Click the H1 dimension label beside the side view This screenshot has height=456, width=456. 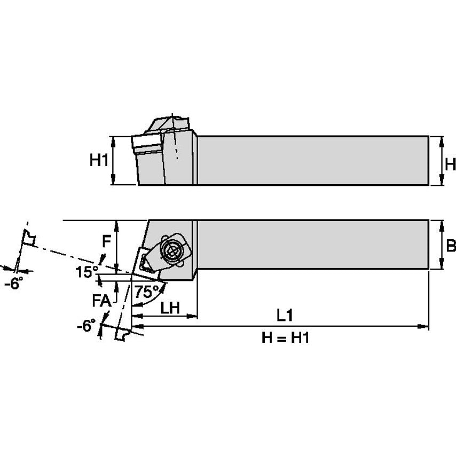point(99,160)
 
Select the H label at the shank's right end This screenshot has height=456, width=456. point(450,164)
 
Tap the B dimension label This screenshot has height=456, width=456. point(450,245)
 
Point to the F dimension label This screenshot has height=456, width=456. point(107,241)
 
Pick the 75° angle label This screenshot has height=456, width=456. point(146,292)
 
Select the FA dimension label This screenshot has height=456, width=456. point(101,301)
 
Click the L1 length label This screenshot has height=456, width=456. point(285,316)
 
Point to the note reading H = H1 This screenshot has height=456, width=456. point(286,337)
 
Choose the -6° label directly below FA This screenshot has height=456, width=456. point(85,325)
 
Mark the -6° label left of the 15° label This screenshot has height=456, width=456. point(14,284)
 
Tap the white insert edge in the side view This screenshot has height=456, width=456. point(146,143)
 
